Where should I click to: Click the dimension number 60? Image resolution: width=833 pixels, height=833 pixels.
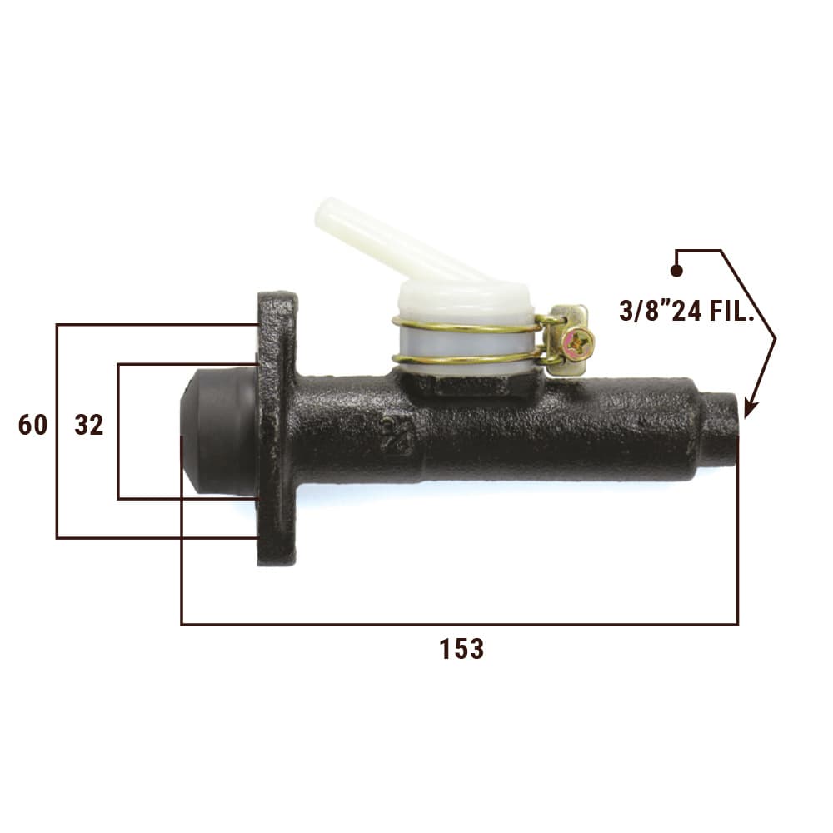point(32,425)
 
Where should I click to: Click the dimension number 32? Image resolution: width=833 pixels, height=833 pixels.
point(89,425)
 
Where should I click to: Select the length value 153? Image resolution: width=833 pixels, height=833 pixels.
point(461,649)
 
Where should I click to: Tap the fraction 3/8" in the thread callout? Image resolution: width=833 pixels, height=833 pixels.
point(645,311)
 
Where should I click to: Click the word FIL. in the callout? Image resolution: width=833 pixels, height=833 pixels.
point(732,311)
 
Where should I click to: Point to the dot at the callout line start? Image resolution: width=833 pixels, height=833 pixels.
point(676,271)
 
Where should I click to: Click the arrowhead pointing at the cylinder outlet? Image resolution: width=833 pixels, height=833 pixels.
point(750,408)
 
